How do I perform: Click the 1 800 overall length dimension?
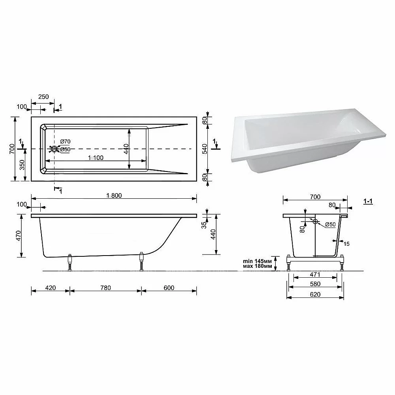pos(114,196)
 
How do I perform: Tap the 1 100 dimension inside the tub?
pos(96,158)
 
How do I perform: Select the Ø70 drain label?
pos(65,141)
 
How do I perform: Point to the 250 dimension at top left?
pos(43,97)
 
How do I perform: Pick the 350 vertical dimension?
pos(22,165)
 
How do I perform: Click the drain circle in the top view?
pos(54,149)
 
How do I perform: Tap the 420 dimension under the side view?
pos(51,288)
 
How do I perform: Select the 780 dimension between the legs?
pos(105,288)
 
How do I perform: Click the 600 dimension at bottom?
pos(169,288)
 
